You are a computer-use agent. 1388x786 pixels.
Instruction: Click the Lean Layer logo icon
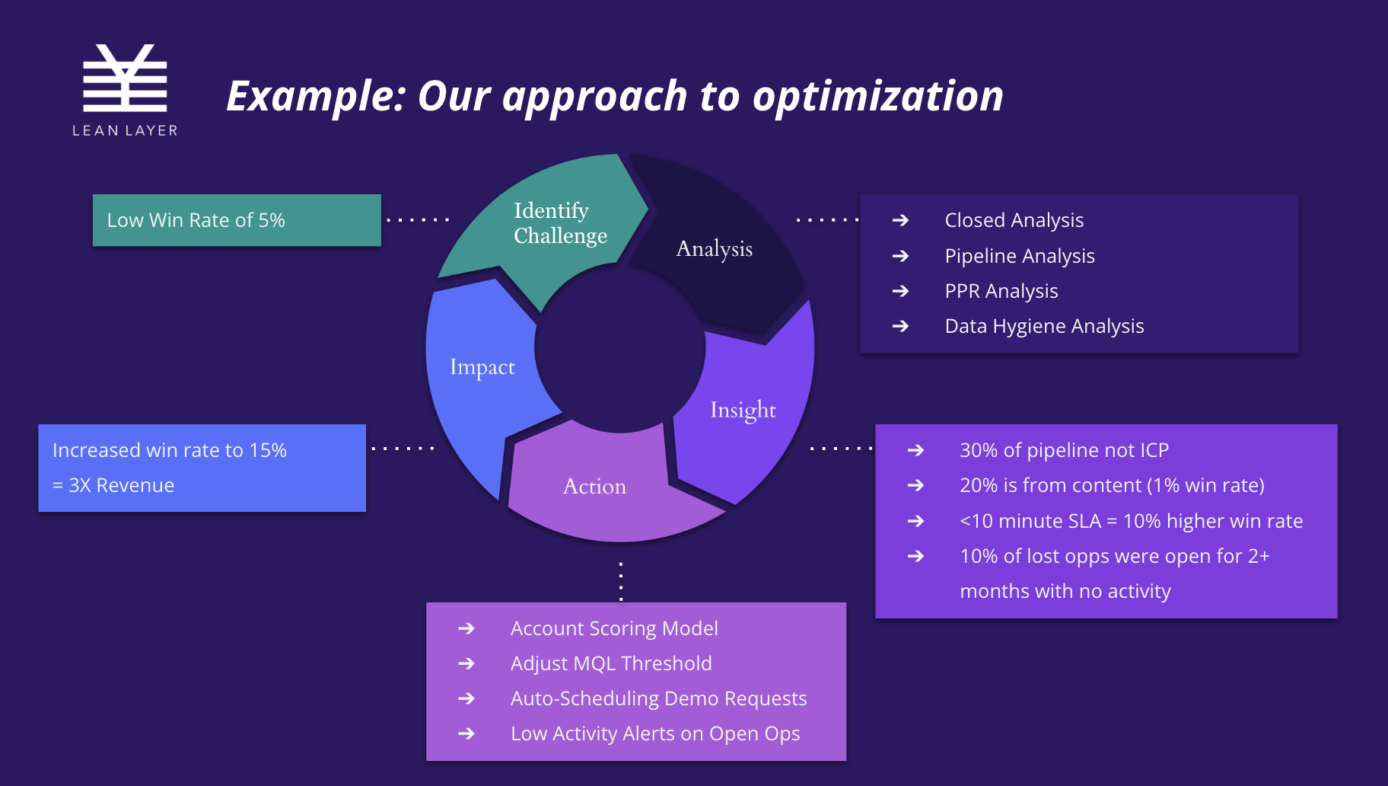point(125,78)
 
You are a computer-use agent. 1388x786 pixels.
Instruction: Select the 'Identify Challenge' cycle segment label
point(560,223)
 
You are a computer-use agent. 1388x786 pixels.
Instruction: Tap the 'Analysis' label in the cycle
point(714,248)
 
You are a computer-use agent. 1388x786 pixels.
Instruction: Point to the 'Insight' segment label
point(743,410)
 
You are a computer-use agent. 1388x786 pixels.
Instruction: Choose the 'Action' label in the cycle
point(594,487)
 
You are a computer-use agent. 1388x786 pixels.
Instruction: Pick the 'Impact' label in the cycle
point(482,367)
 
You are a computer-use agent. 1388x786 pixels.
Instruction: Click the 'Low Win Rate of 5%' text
point(196,220)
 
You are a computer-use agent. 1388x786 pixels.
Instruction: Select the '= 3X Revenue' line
point(113,485)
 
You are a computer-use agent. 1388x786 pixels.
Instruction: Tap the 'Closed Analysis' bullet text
point(1014,220)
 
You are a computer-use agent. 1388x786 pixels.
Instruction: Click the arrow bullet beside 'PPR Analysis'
point(900,291)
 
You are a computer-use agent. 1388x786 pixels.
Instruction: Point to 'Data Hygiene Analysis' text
point(1044,326)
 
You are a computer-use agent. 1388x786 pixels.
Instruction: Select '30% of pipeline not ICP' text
point(1064,450)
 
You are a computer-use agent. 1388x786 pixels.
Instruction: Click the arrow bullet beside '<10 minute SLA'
point(915,521)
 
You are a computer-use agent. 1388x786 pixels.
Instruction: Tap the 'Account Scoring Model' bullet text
point(614,628)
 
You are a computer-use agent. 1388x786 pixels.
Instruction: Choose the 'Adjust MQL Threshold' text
point(611,663)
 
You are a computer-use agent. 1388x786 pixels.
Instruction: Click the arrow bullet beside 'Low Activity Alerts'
point(466,733)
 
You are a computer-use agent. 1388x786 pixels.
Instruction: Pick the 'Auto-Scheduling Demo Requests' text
point(658,698)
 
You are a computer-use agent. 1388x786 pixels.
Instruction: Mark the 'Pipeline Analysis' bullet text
point(1020,256)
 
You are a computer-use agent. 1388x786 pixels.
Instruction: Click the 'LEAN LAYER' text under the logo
point(125,131)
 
